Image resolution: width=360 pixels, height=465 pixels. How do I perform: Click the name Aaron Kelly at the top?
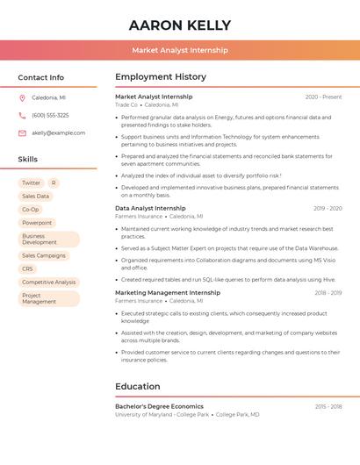point(180,25)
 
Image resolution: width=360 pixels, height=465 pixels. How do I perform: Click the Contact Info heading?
point(40,77)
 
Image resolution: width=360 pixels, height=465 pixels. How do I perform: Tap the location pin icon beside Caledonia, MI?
point(22,97)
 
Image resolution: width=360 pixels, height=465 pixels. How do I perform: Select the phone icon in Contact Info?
point(22,115)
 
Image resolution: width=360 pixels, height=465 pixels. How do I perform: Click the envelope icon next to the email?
point(22,133)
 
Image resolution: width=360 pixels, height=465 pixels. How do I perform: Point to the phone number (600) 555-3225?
point(50,115)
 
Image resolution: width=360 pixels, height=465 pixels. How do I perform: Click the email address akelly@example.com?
point(59,133)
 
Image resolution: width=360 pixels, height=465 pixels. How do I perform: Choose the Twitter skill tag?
point(31,183)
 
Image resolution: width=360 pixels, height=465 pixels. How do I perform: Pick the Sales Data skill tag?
point(35,197)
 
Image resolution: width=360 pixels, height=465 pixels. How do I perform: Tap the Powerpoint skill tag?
point(37,223)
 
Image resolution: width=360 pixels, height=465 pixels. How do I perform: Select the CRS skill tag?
point(27,269)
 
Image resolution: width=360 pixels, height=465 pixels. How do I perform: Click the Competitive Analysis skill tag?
point(48,283)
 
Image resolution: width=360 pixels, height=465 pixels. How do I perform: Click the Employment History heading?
point(161,77)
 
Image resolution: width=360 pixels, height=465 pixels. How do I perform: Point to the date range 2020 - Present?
point(323,97)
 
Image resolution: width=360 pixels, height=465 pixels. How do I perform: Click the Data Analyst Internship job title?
point(150,208)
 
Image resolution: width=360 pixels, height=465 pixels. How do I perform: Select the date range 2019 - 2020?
point(327,209)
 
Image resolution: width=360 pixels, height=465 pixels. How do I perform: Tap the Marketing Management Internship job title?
point(168,292)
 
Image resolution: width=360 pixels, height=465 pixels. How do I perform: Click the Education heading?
point(138,386)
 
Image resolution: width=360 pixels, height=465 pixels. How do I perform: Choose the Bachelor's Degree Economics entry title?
point(159,406)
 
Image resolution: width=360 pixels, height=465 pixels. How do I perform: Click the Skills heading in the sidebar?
point(28,160)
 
